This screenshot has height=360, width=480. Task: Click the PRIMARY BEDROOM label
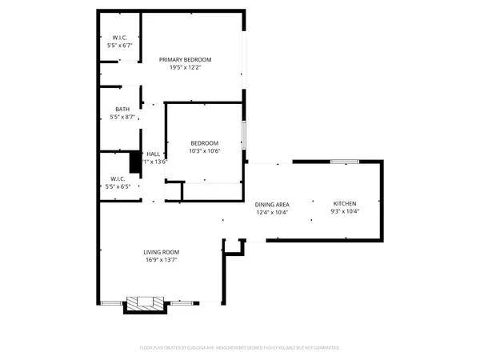(x=185, y=60)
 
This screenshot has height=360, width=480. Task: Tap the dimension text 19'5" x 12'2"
(x=185, y=68)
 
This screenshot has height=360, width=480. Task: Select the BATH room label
(x=122, y=110)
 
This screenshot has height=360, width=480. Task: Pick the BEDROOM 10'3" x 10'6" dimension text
(x=204, y=151)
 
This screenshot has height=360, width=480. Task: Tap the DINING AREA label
(x=272, y=205)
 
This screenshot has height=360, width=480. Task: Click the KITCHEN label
(x=345, y=203)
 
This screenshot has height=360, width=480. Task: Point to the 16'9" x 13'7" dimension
(x=161, y=259)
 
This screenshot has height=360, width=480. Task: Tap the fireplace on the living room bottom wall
(x=146, y=303)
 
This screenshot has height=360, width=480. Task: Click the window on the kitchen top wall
(x=344, y=162)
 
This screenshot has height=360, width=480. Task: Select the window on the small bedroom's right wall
(x=244, y=135)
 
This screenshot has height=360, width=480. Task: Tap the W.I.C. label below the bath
(x=117, y=178)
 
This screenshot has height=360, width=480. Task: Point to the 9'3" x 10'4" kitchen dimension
(x=345, y=212)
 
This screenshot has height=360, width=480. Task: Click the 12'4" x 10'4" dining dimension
(x=272, y=214)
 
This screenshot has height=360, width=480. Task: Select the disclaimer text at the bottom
(x=239, y=348)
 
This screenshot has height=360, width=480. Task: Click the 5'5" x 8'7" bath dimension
(x=122, y=118)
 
